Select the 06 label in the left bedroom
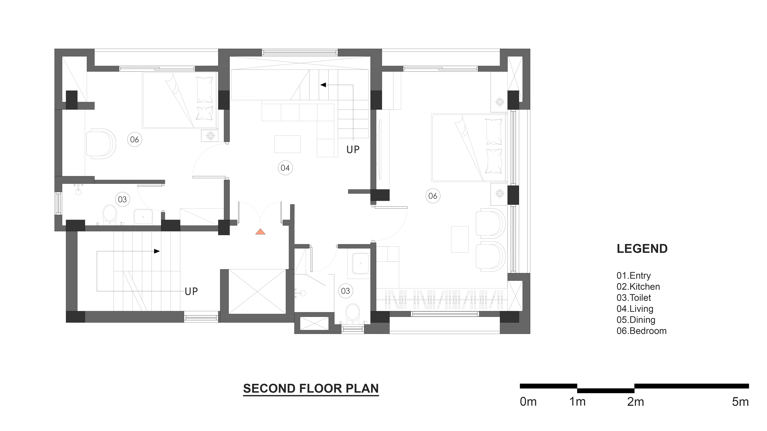point(135,139)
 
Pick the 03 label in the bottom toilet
point(345,291)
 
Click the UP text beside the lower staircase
point(191,292)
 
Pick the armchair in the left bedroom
point(101,144)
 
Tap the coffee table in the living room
point(287,144)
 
